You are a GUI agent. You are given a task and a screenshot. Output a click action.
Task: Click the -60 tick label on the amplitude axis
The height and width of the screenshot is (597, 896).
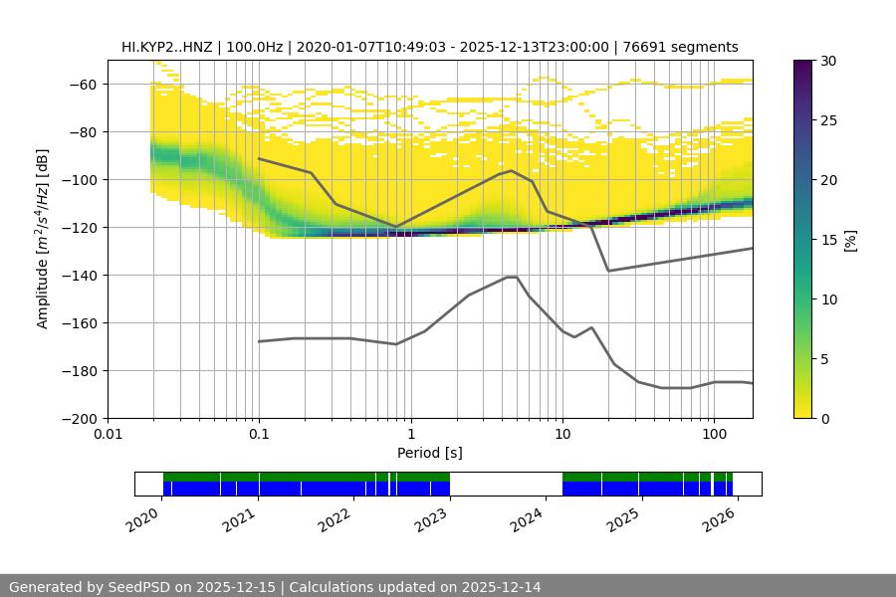81,85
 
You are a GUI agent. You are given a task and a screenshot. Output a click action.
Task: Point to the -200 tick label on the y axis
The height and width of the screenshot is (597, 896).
77,419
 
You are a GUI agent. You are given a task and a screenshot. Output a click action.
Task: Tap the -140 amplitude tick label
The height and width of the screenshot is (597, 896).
77,276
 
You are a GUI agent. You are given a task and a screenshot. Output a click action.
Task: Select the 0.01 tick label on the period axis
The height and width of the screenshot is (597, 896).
108,435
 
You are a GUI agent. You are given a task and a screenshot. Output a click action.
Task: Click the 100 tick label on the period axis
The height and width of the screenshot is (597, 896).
713,435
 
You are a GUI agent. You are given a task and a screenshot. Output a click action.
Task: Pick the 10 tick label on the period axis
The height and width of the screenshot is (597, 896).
561,435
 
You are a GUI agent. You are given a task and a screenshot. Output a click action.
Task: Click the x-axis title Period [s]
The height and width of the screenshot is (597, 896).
429,454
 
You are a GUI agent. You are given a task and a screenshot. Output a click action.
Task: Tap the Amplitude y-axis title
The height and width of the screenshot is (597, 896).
43,239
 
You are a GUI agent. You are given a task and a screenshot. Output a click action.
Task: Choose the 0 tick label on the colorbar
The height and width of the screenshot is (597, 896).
821,419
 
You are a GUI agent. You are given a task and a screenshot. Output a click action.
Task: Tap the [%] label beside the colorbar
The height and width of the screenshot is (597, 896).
850,240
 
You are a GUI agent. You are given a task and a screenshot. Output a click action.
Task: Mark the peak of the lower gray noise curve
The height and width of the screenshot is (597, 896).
512,277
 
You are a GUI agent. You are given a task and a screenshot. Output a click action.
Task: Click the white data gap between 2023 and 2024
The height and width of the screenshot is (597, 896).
506,484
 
